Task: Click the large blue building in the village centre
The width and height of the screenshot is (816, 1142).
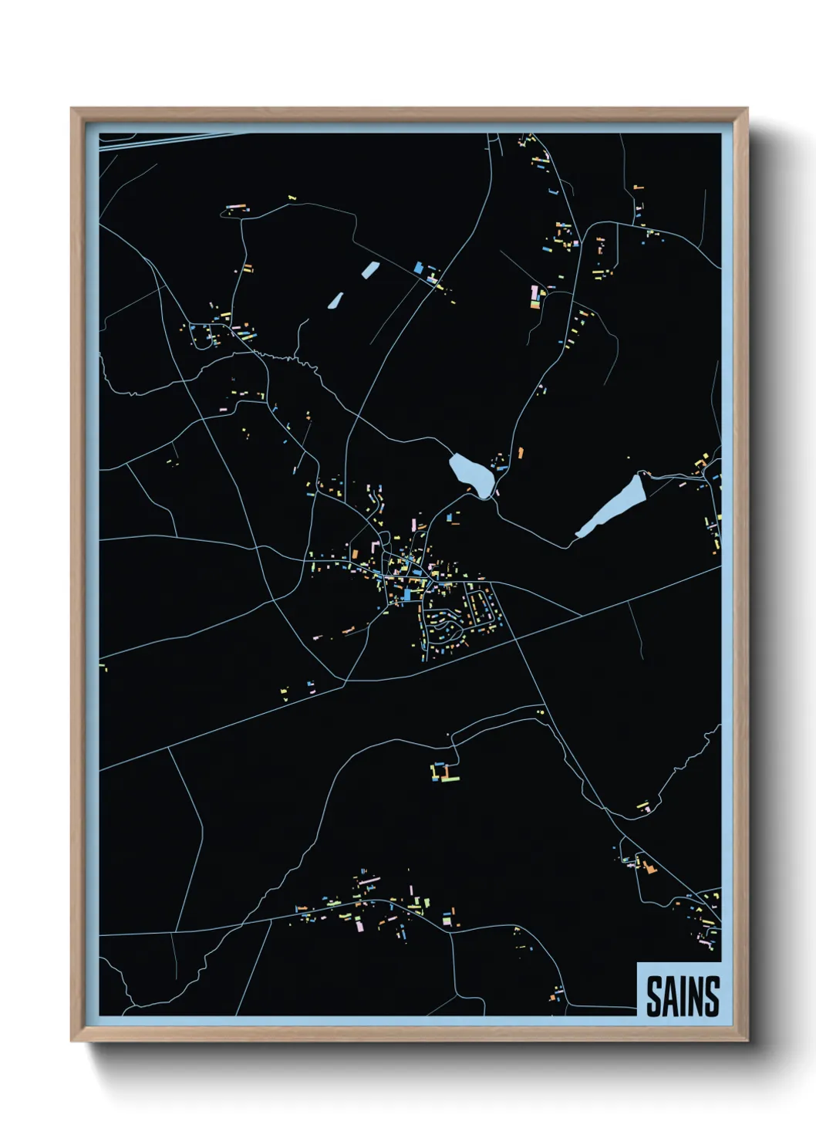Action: (x=406, y=595)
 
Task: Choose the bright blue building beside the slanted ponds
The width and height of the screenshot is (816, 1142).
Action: (x=419, y=268)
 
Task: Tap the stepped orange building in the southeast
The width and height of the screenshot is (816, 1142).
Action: (x=649, y=867)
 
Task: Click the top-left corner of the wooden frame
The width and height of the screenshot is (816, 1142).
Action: (x=72, y=110)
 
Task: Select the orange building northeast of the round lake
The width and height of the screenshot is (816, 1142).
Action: (x=521, y=452)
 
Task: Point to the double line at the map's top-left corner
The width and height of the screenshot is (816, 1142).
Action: (x=154, y=139)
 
